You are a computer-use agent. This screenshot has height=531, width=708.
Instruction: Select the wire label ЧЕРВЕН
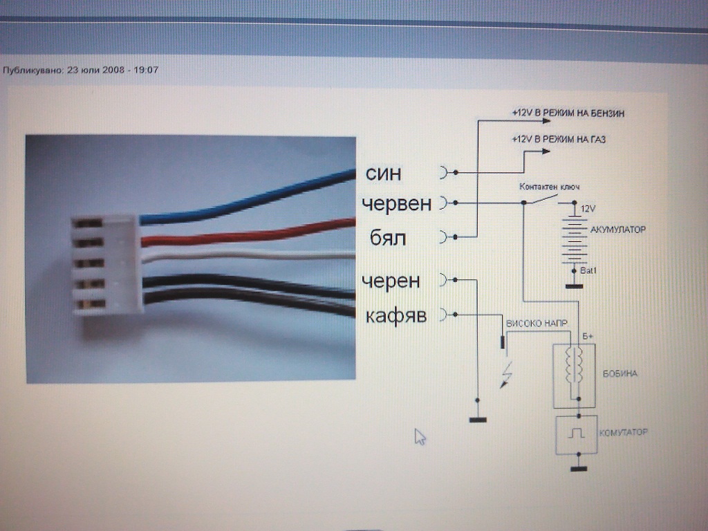tap(396, 204)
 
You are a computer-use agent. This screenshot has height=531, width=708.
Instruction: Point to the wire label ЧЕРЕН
tap(390, 281)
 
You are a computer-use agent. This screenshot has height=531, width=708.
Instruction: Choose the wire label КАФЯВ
tap(395, 317)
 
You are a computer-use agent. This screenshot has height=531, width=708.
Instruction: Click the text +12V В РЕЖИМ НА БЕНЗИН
tap(568, 112)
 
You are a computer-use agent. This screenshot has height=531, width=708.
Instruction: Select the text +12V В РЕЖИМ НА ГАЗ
tap(559, 139)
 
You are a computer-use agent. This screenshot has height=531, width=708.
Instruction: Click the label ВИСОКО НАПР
tap(535, 323)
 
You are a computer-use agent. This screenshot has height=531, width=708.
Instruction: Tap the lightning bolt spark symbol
tap(507, 375)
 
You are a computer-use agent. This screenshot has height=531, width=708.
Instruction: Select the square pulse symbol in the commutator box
tap(577, 433)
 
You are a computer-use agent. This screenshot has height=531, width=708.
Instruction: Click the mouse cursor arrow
tap(420, 436)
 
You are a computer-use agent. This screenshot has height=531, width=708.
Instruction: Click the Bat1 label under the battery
tap(588, 270)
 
